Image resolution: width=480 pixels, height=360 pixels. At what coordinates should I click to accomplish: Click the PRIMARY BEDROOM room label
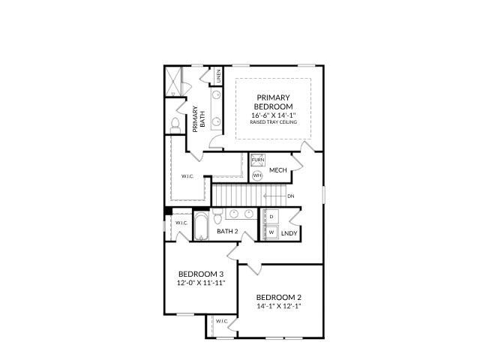point(273,103)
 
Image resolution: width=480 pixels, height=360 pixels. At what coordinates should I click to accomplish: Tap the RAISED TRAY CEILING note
point(273,122)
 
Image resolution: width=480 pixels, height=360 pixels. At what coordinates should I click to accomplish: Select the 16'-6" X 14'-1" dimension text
point(273,115)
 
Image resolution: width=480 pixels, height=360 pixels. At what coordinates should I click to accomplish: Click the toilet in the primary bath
point(175,124)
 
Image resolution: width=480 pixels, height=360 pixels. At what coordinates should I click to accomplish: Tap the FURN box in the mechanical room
point(257,160)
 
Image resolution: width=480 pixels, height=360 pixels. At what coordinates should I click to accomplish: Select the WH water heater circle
point(256,175)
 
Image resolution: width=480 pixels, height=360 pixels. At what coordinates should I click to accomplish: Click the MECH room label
point(279,170)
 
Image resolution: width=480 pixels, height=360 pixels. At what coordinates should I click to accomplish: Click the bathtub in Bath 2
point(201,226)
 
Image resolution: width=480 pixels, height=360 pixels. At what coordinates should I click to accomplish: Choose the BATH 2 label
point(227,232)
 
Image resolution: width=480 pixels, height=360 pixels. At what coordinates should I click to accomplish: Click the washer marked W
point(271,232)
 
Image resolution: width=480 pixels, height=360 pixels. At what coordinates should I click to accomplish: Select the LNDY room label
point(289,234)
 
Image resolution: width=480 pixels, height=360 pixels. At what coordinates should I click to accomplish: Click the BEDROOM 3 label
point(201,274)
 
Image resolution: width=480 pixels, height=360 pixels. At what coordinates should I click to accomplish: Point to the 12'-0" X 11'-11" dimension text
point(201,284)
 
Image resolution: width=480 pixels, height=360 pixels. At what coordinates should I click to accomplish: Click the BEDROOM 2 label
point(279,296)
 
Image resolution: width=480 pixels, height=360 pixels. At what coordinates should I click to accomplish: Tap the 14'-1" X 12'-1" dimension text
point(279,306)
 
